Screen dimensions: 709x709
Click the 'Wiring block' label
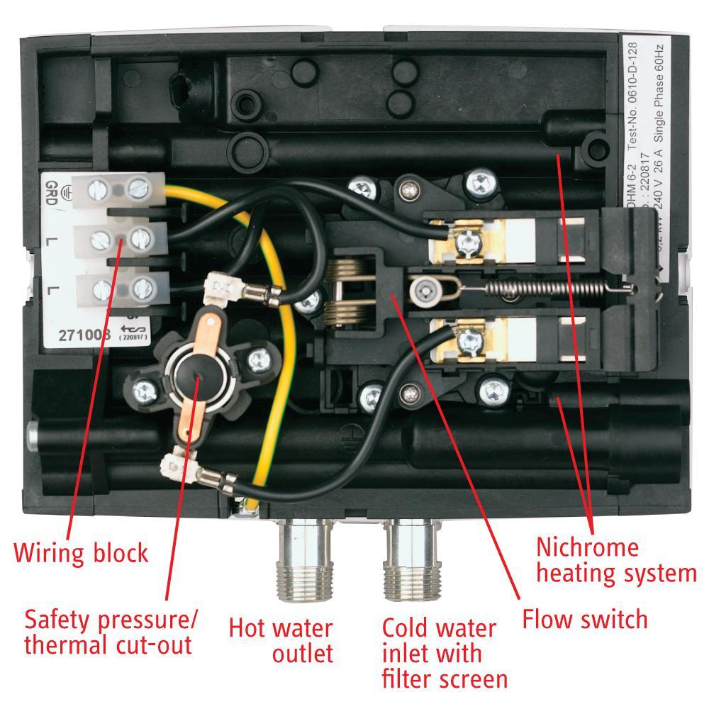tap(82, 552)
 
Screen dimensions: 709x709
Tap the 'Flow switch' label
tap(585, 619)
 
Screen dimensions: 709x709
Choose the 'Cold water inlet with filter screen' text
tap(445, 653)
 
